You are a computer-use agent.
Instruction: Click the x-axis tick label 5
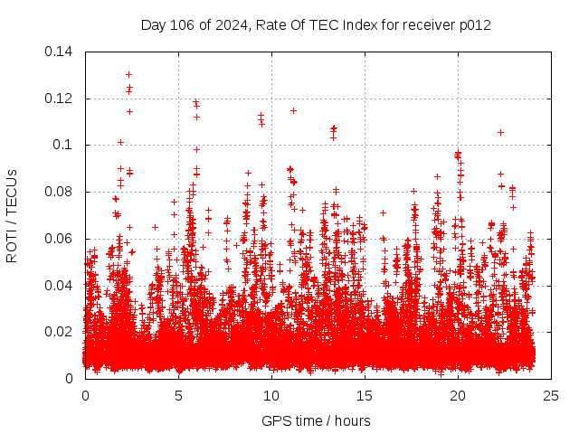pos(178,395)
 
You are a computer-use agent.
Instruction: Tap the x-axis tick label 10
pos(271,395)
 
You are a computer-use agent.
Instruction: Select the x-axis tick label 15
pos(365,395)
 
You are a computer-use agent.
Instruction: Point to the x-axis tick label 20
pos(458,395)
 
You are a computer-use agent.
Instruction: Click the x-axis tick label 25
pos(551,395)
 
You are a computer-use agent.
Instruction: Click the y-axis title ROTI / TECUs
pos(12,215)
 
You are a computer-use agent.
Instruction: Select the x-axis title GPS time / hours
pos(317,420)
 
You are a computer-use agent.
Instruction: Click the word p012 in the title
pos(474,25)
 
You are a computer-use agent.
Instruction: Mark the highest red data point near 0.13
pos(128,74)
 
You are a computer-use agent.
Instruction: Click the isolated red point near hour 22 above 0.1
pos(500,132)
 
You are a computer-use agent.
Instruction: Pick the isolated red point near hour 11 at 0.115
pos(293,110)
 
